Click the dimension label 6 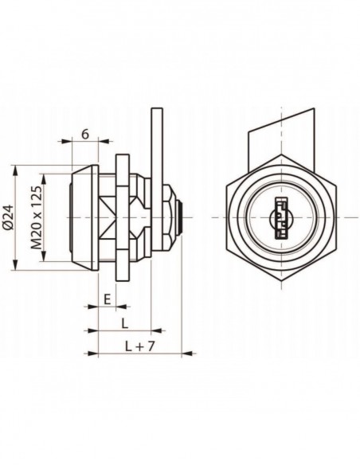(x=85, y=135)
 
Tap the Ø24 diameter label (x=10, y=217)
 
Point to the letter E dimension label (x=107, y=299)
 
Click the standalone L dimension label (x=125, y=323)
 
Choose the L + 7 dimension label (x=139, y=346)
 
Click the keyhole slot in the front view (x=281, y=218)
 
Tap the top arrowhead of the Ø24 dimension (x=15, y=171)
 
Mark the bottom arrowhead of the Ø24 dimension (x=15, y=264)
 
